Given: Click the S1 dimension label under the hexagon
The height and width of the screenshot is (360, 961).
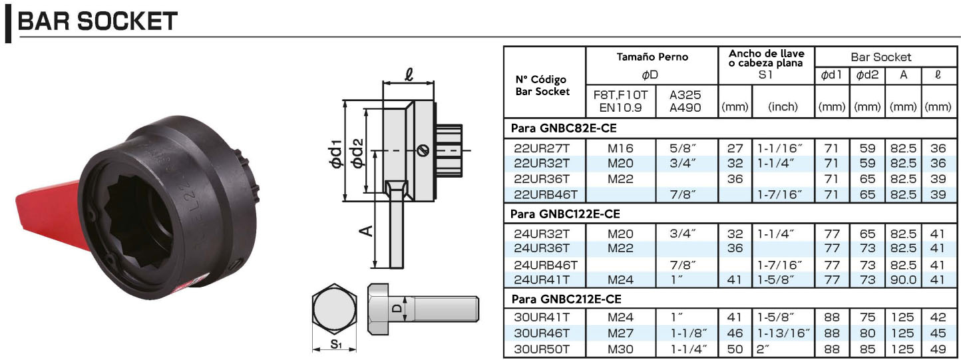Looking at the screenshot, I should tap(335, 345).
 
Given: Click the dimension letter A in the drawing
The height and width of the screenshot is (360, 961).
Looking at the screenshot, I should tap(365, 230).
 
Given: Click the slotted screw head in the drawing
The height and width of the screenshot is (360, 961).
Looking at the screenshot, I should tap(421, 150).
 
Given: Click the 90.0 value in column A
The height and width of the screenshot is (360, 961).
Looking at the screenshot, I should tap(903, 279).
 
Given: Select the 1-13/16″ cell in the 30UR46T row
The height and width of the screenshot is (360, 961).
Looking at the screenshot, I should tap(783, 333).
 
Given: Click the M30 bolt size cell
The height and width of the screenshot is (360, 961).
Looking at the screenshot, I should tap(620, 349).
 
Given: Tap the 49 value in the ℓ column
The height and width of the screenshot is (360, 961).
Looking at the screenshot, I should tap(938, 349).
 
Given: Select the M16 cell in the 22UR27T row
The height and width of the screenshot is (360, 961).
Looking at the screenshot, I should tap(620, 148).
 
